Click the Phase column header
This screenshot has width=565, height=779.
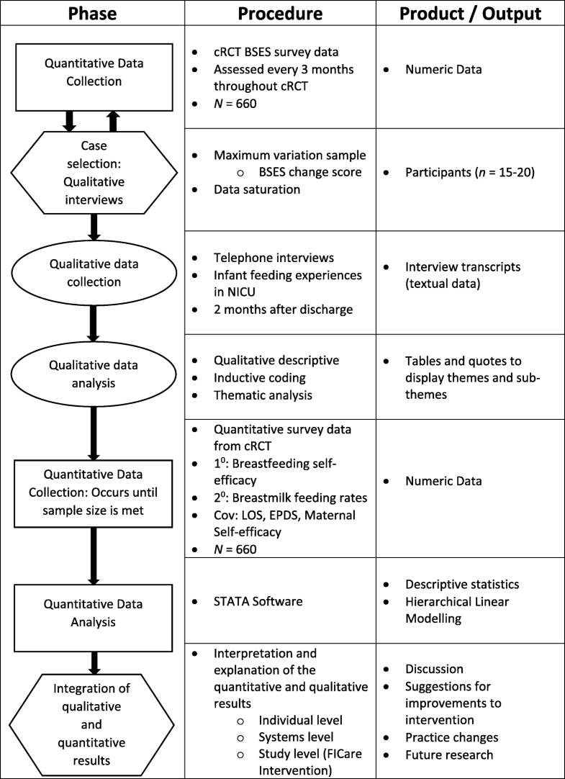(91, 14)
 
